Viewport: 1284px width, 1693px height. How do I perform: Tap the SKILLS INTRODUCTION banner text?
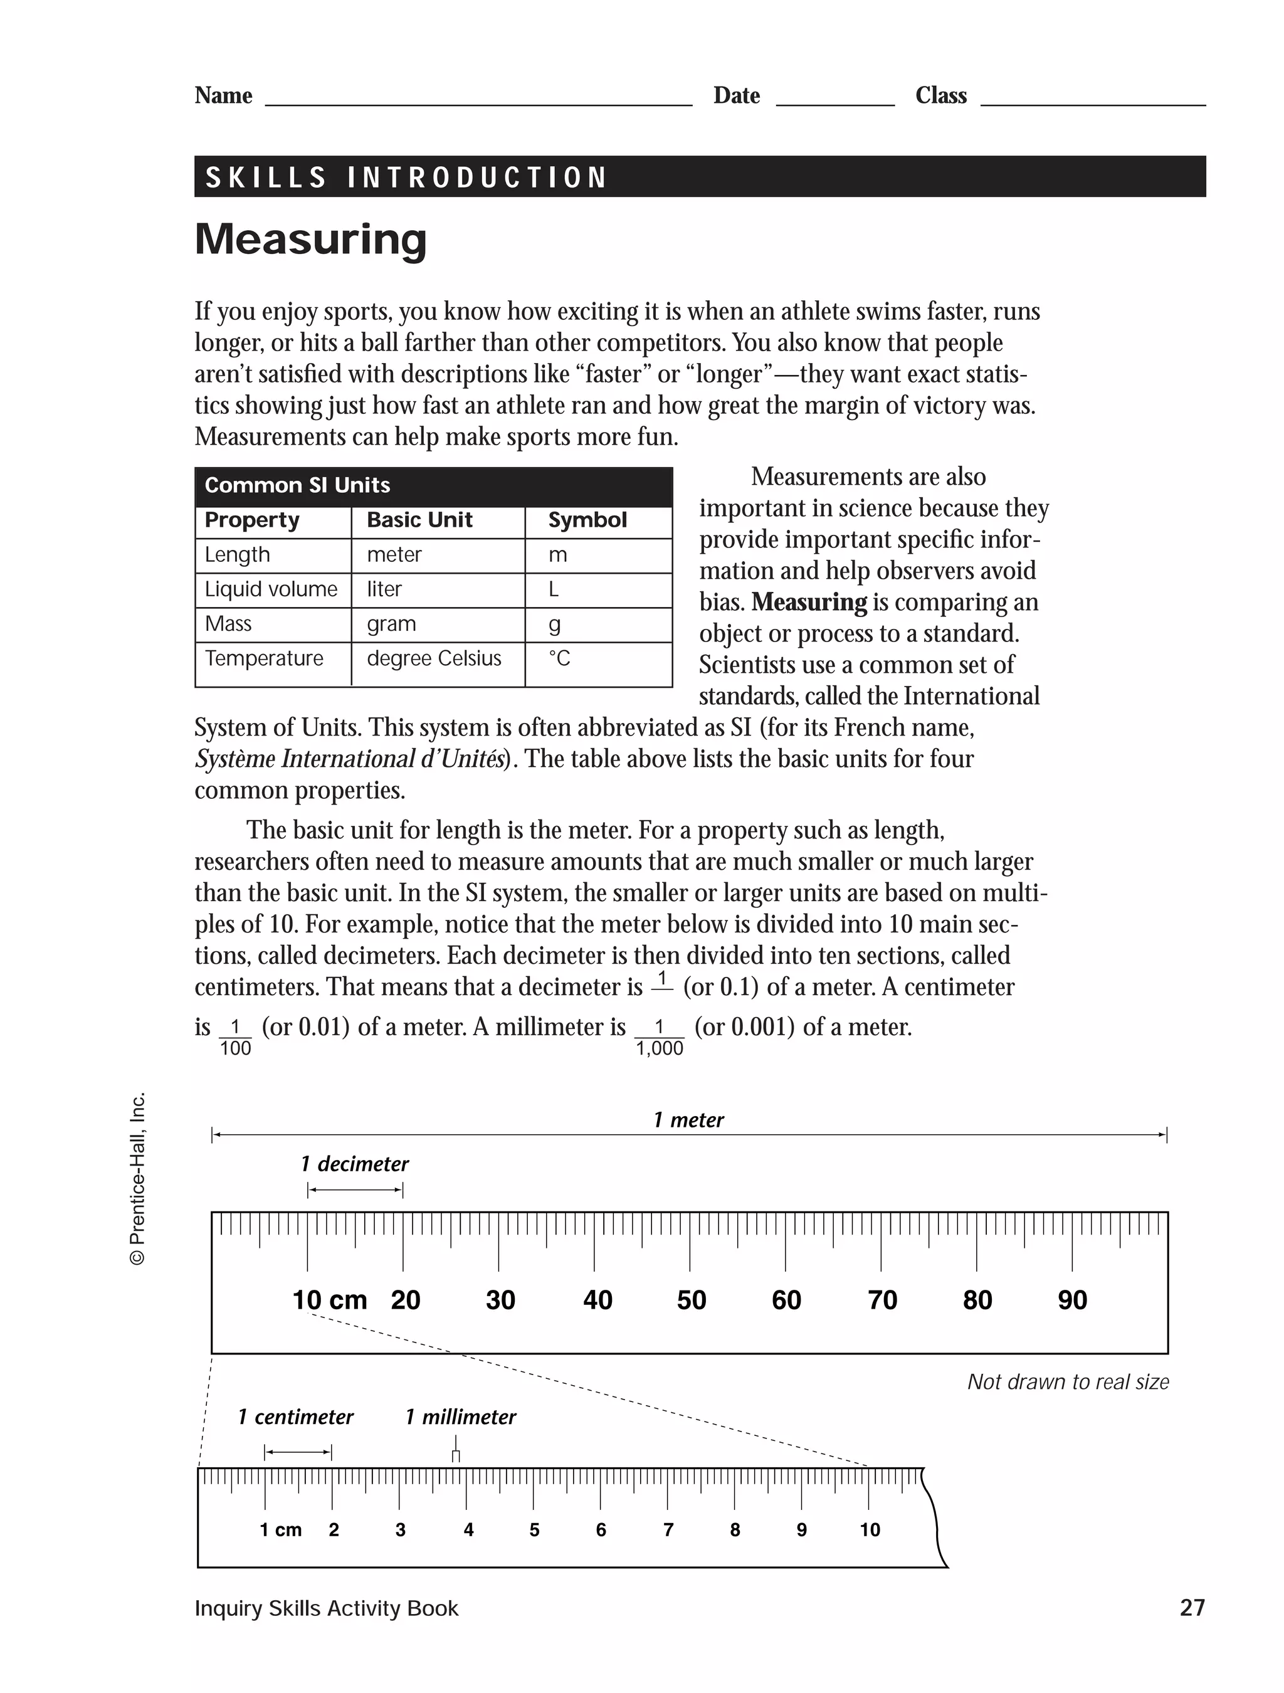pos(406,177)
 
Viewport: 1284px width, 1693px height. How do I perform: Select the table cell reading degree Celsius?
pos(434,658)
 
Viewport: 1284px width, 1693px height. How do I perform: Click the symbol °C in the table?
pos(559,658)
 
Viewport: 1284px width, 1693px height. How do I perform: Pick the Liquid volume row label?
pos(271,589)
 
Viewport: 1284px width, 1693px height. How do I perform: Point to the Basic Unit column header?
pos(419,520)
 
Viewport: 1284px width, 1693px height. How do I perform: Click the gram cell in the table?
pos(391,624)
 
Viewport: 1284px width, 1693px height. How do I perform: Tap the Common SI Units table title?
pos(297,485)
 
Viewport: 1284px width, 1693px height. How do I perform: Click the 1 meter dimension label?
pos(688,1120)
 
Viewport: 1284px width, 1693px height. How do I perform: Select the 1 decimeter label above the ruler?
pos(354,1164)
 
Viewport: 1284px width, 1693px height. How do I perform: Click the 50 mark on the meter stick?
pos(691,1300)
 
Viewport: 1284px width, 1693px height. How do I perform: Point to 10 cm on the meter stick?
pos(330,1300)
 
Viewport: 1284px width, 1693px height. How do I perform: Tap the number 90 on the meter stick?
pos(1072,1300)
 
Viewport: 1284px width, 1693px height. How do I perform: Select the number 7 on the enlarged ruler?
pos(668,1530)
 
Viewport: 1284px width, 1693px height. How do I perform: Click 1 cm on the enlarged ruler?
pos(280,1530)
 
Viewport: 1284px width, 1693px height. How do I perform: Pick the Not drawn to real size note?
pos(1068,1381)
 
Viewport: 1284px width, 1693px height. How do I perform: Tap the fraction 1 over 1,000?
pos(659,1038)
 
